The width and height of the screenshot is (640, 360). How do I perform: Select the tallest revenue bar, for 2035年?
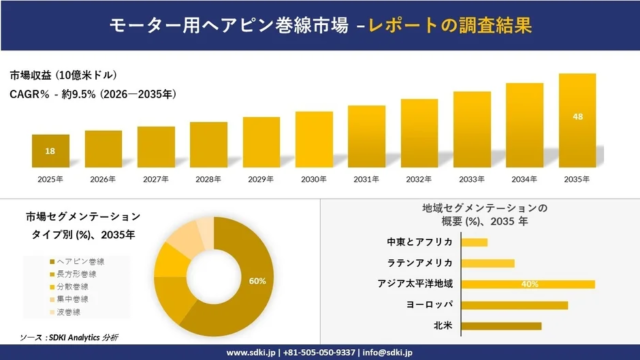577,120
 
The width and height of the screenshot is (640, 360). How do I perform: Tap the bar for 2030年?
313,139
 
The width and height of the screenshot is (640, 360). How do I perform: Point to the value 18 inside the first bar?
50,151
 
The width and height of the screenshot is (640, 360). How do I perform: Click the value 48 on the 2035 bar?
577,116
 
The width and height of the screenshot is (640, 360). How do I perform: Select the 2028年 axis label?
208,179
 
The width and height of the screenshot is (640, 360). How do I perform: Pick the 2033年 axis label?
471,179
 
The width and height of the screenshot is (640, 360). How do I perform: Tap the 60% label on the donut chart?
258,281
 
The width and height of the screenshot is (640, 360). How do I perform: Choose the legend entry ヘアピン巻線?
81,261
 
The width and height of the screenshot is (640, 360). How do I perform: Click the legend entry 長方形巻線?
81,273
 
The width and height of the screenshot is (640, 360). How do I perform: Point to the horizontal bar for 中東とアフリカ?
475,242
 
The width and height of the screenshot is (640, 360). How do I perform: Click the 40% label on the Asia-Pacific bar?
530,284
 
